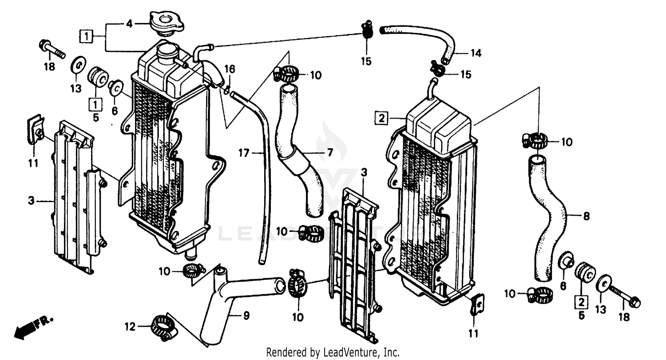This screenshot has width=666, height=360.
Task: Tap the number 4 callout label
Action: (129, 24)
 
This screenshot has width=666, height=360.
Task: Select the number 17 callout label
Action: (243, 154)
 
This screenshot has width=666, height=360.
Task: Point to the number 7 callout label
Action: (329, 153)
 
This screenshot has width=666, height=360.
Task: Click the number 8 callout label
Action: (586, 217)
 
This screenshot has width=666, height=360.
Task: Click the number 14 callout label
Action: (476, 53)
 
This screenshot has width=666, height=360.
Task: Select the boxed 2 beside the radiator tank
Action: (381, 119)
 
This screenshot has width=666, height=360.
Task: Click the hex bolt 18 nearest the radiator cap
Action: (52, 49)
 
